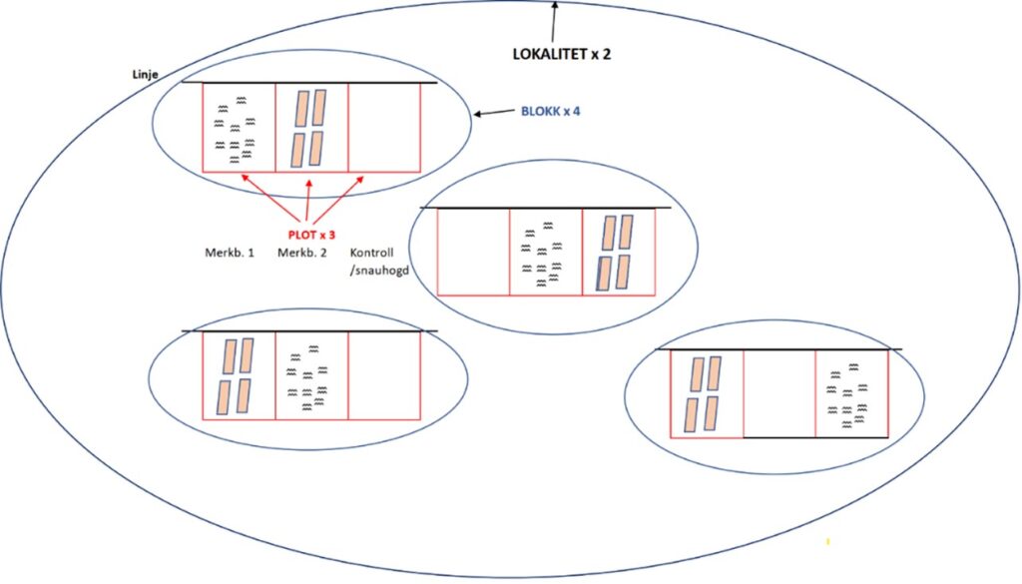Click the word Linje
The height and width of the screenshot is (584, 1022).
pos(146,75)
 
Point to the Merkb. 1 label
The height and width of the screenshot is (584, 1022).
pos(229,253)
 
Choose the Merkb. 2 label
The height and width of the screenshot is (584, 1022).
pos(302,253)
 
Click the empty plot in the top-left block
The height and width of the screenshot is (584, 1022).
pos(384,127)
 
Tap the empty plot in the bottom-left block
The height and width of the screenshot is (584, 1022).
pos(384,374)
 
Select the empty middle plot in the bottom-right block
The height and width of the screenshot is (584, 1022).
pos(779,393)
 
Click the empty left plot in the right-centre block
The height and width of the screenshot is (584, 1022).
pos(473,252)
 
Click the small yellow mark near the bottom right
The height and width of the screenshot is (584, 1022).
pos(827,542)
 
